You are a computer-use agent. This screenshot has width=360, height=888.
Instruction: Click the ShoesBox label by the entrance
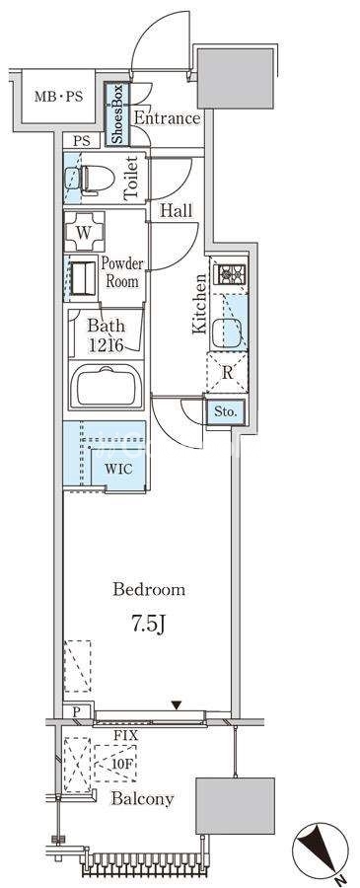117,114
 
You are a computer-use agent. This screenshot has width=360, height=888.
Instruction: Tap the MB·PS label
58,97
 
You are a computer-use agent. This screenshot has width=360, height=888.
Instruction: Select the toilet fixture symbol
91,181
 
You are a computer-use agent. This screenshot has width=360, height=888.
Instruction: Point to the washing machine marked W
85,231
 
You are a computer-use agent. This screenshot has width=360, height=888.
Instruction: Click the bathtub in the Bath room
106,385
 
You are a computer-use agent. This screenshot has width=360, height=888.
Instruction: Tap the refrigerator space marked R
228,373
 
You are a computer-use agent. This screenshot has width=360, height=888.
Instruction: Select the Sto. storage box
226,411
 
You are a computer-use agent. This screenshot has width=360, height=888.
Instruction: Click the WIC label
118,469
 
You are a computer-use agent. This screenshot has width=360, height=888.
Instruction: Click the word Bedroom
149,590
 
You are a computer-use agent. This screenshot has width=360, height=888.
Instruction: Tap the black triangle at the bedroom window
178,705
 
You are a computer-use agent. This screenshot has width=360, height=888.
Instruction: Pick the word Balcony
142,799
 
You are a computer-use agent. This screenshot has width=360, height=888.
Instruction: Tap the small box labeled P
76,711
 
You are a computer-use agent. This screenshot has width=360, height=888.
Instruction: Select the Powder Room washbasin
83,278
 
